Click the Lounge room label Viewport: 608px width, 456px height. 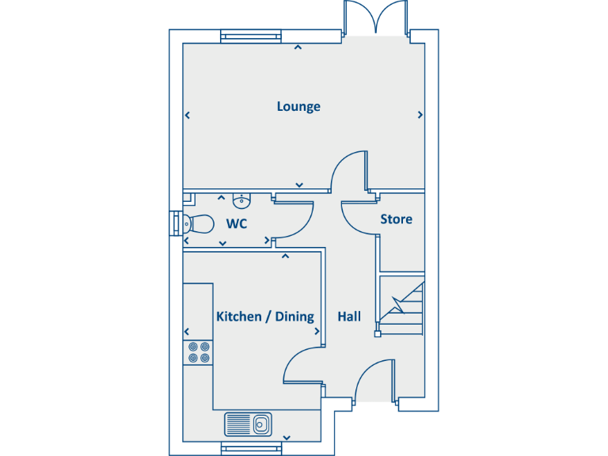(x=298, y=106)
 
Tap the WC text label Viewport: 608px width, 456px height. (x=237, y=224)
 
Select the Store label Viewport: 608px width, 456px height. (x=396, y=218)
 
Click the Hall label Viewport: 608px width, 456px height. (x=349, y=317)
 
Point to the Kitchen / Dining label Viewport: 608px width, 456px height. (x=265, y=317)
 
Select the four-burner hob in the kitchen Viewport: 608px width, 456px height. (x=198, y=351)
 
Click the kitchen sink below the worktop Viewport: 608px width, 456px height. (x=248, y=424)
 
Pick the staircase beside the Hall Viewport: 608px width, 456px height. (x=401, y=305)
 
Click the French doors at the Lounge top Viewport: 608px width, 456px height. (x=376, y=17)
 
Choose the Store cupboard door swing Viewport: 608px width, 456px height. (x=359, y=218)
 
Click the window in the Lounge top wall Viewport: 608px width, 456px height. (x=250, y=35)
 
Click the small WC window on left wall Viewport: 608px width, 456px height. (x=174, y=224)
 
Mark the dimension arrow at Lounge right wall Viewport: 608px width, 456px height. (x=420, y=115)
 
